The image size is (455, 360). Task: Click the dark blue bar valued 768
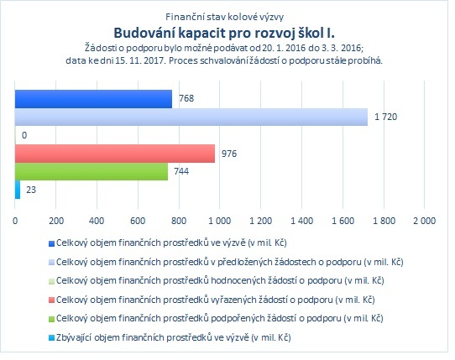[93, 99]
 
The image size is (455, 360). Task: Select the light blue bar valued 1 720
[191, 117]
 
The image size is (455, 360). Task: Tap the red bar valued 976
[115, 154]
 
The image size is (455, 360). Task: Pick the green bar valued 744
[92, 171]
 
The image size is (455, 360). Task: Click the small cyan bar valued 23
[18, 190]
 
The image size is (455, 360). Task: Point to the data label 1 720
[385, 117]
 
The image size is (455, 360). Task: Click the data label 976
[229, 154]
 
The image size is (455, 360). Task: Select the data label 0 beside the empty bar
[24, 135]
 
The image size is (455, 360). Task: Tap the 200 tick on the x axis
[56, 221]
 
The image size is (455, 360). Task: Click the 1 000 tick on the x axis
[220, 221]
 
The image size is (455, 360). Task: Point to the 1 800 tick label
[384, 221]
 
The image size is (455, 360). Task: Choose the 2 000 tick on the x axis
[425, 221]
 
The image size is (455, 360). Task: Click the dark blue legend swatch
[51, 243]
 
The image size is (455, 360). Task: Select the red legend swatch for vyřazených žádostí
[51, 300]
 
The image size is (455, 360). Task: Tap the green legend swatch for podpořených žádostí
[51, 319]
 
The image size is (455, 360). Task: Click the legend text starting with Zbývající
[174, 337]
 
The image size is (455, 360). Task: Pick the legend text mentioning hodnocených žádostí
[220, 281]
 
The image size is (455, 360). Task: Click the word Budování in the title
[144, 33]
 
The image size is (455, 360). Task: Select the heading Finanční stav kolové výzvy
[224, 17]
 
